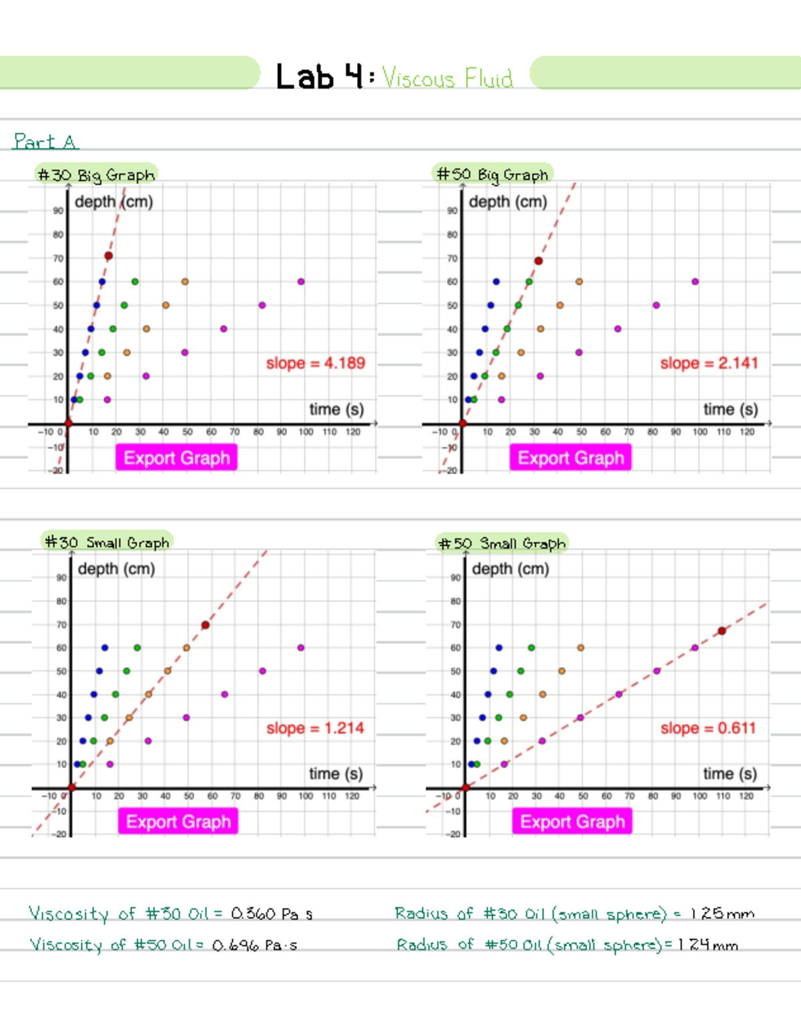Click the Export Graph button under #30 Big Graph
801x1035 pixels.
[x=176, y=458]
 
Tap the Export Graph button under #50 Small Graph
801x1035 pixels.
[x=572, y=821]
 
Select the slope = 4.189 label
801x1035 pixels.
[x=315, y=363]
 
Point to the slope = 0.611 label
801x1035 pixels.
[x=708, y=728]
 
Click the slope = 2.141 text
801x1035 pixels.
[x=709, y=363]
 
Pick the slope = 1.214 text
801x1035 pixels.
[x=315, y=728]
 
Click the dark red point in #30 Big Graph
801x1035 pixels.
[x=108, y=256]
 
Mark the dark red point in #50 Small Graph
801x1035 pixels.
[x=722, y=631]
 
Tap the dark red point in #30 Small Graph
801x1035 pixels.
[x=205, y=625]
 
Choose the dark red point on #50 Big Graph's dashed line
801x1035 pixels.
[x=538, y=261]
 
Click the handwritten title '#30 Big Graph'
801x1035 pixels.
[x=96, y=175]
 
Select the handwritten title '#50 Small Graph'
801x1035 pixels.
[x=502, y=543]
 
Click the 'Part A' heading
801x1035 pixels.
[x=45, y=141]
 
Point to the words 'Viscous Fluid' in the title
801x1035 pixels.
[x=447, y=79]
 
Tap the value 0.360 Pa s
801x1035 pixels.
[x=271, y=914]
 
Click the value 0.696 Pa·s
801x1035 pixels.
[x=254, y=946]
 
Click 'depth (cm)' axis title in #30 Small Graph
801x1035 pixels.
[x=116, y=569]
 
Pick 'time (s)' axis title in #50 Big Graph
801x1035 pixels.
[x=730, y=409]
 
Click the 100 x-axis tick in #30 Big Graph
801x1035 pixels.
[x=306, y=432]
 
